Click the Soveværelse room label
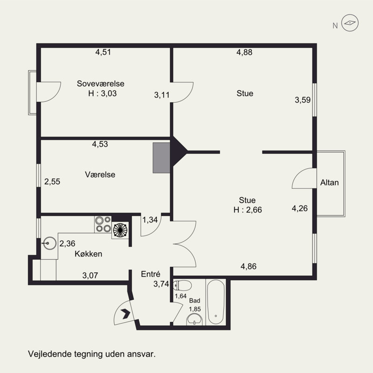click(100, 84)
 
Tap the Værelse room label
click(100, 174)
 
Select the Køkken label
click(89, 254)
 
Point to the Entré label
click(151, 274)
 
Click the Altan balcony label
click(330, 182)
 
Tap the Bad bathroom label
click(194, 301)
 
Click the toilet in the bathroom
click(182, 285)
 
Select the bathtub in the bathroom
click(216, 302)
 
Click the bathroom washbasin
click(194, 319)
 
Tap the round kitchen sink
click(49, 243)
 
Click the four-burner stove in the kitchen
click(103, 224)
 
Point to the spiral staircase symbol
click(120, 230)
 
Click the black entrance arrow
click(125, 314)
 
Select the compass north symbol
click(350, 23)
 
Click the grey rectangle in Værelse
click(161, 158)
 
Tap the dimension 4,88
click(244, 52)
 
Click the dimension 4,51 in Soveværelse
click(103, 52)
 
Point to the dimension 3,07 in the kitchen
click(90, 276)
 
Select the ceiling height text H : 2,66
click(248, 210)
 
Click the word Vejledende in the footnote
click(50, 354)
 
